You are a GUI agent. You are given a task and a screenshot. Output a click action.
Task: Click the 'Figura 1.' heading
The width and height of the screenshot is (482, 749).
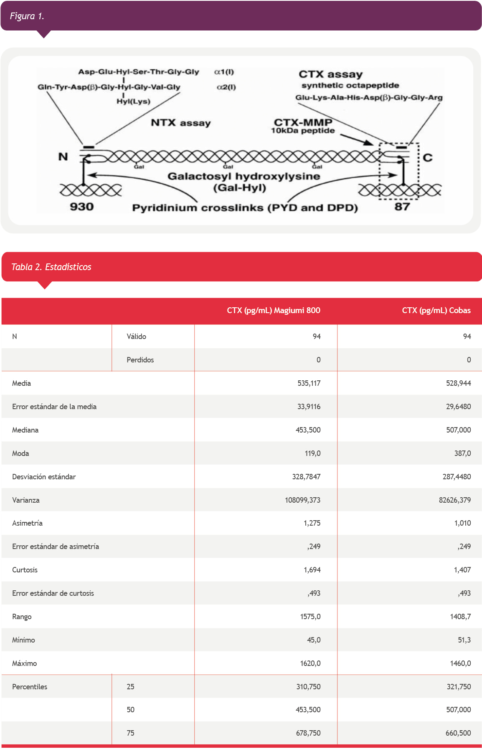tap(27, 16)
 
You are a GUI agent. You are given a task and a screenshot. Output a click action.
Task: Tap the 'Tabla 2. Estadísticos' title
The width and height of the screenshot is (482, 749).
tap(51, 267)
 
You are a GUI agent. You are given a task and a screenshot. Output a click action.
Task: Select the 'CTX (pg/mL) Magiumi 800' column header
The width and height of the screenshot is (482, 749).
tap(274, 311)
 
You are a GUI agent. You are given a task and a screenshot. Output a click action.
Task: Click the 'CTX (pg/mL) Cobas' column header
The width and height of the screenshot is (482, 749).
tap(436, 311)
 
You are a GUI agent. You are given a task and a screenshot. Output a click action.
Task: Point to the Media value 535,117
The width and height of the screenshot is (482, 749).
tap(309, 383)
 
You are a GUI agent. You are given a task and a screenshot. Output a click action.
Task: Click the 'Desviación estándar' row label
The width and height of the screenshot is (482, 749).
tap(44, 477)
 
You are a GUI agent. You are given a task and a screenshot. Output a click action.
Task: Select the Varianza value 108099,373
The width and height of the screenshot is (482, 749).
tap(302, 500)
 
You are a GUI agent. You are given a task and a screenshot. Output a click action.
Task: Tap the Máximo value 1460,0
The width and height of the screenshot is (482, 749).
tap(459, 663)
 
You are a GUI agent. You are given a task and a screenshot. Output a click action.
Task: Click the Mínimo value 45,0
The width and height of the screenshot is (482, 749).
tap(314, 640)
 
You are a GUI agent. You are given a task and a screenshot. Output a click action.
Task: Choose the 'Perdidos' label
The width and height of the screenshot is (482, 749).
tap(140, 360)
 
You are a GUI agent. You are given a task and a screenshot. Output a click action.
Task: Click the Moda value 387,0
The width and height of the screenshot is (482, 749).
tap(462, 453)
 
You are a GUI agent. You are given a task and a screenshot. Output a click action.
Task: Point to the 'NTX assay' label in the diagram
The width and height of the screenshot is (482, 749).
tap(180, 123)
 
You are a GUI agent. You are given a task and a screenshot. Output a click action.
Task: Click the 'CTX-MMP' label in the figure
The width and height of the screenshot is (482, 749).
tap(303, 122)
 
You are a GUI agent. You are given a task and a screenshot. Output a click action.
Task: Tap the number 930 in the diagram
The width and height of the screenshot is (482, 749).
tap(81, 207)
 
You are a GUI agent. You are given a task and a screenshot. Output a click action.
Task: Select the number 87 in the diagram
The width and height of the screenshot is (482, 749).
tap(402, 207)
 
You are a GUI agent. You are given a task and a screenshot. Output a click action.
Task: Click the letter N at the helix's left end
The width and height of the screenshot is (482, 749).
tap(63, 157)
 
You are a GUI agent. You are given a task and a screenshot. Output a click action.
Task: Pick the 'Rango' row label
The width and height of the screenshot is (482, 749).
tap(22, 617)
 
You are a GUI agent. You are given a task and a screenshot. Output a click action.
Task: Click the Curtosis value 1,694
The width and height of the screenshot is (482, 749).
tap(312, 570)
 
